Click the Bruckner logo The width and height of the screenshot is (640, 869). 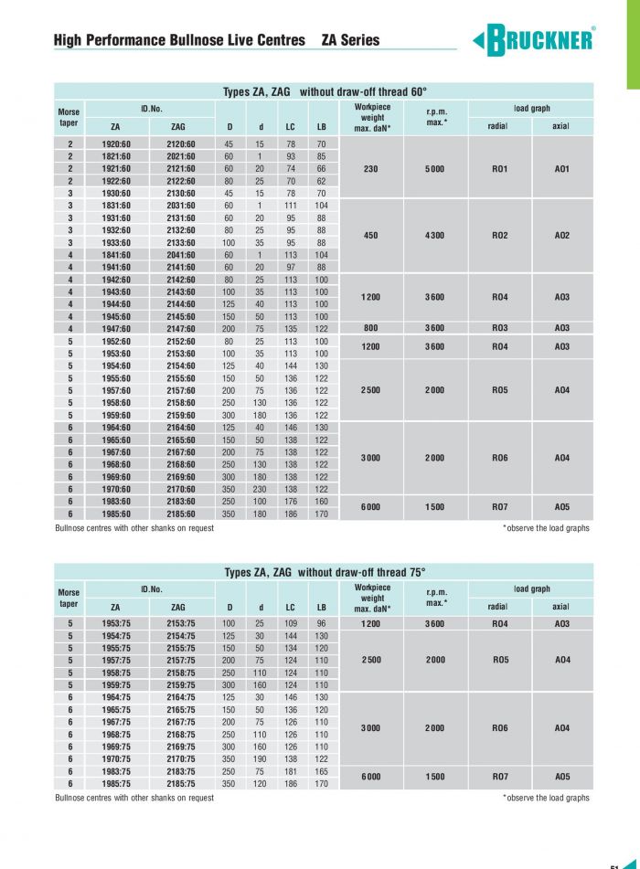535,41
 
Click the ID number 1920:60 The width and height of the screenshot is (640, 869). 115,144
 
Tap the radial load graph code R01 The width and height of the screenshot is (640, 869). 500,169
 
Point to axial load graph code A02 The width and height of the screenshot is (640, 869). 562,236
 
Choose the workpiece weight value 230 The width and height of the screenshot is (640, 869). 371,169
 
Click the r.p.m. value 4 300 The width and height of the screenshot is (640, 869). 435,236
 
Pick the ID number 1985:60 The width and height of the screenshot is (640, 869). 115,514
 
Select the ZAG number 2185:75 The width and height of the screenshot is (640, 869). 181,784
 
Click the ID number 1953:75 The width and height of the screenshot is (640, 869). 115,624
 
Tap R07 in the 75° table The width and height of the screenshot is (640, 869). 500,778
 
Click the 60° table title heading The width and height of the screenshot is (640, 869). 325,92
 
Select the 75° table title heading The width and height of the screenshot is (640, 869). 325,573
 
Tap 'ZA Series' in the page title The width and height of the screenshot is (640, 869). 350,41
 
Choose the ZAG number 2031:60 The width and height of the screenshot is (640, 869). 181,207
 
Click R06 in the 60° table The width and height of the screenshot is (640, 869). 500,458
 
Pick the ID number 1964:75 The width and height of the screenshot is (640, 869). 115,698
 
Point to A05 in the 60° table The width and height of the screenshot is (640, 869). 562,507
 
